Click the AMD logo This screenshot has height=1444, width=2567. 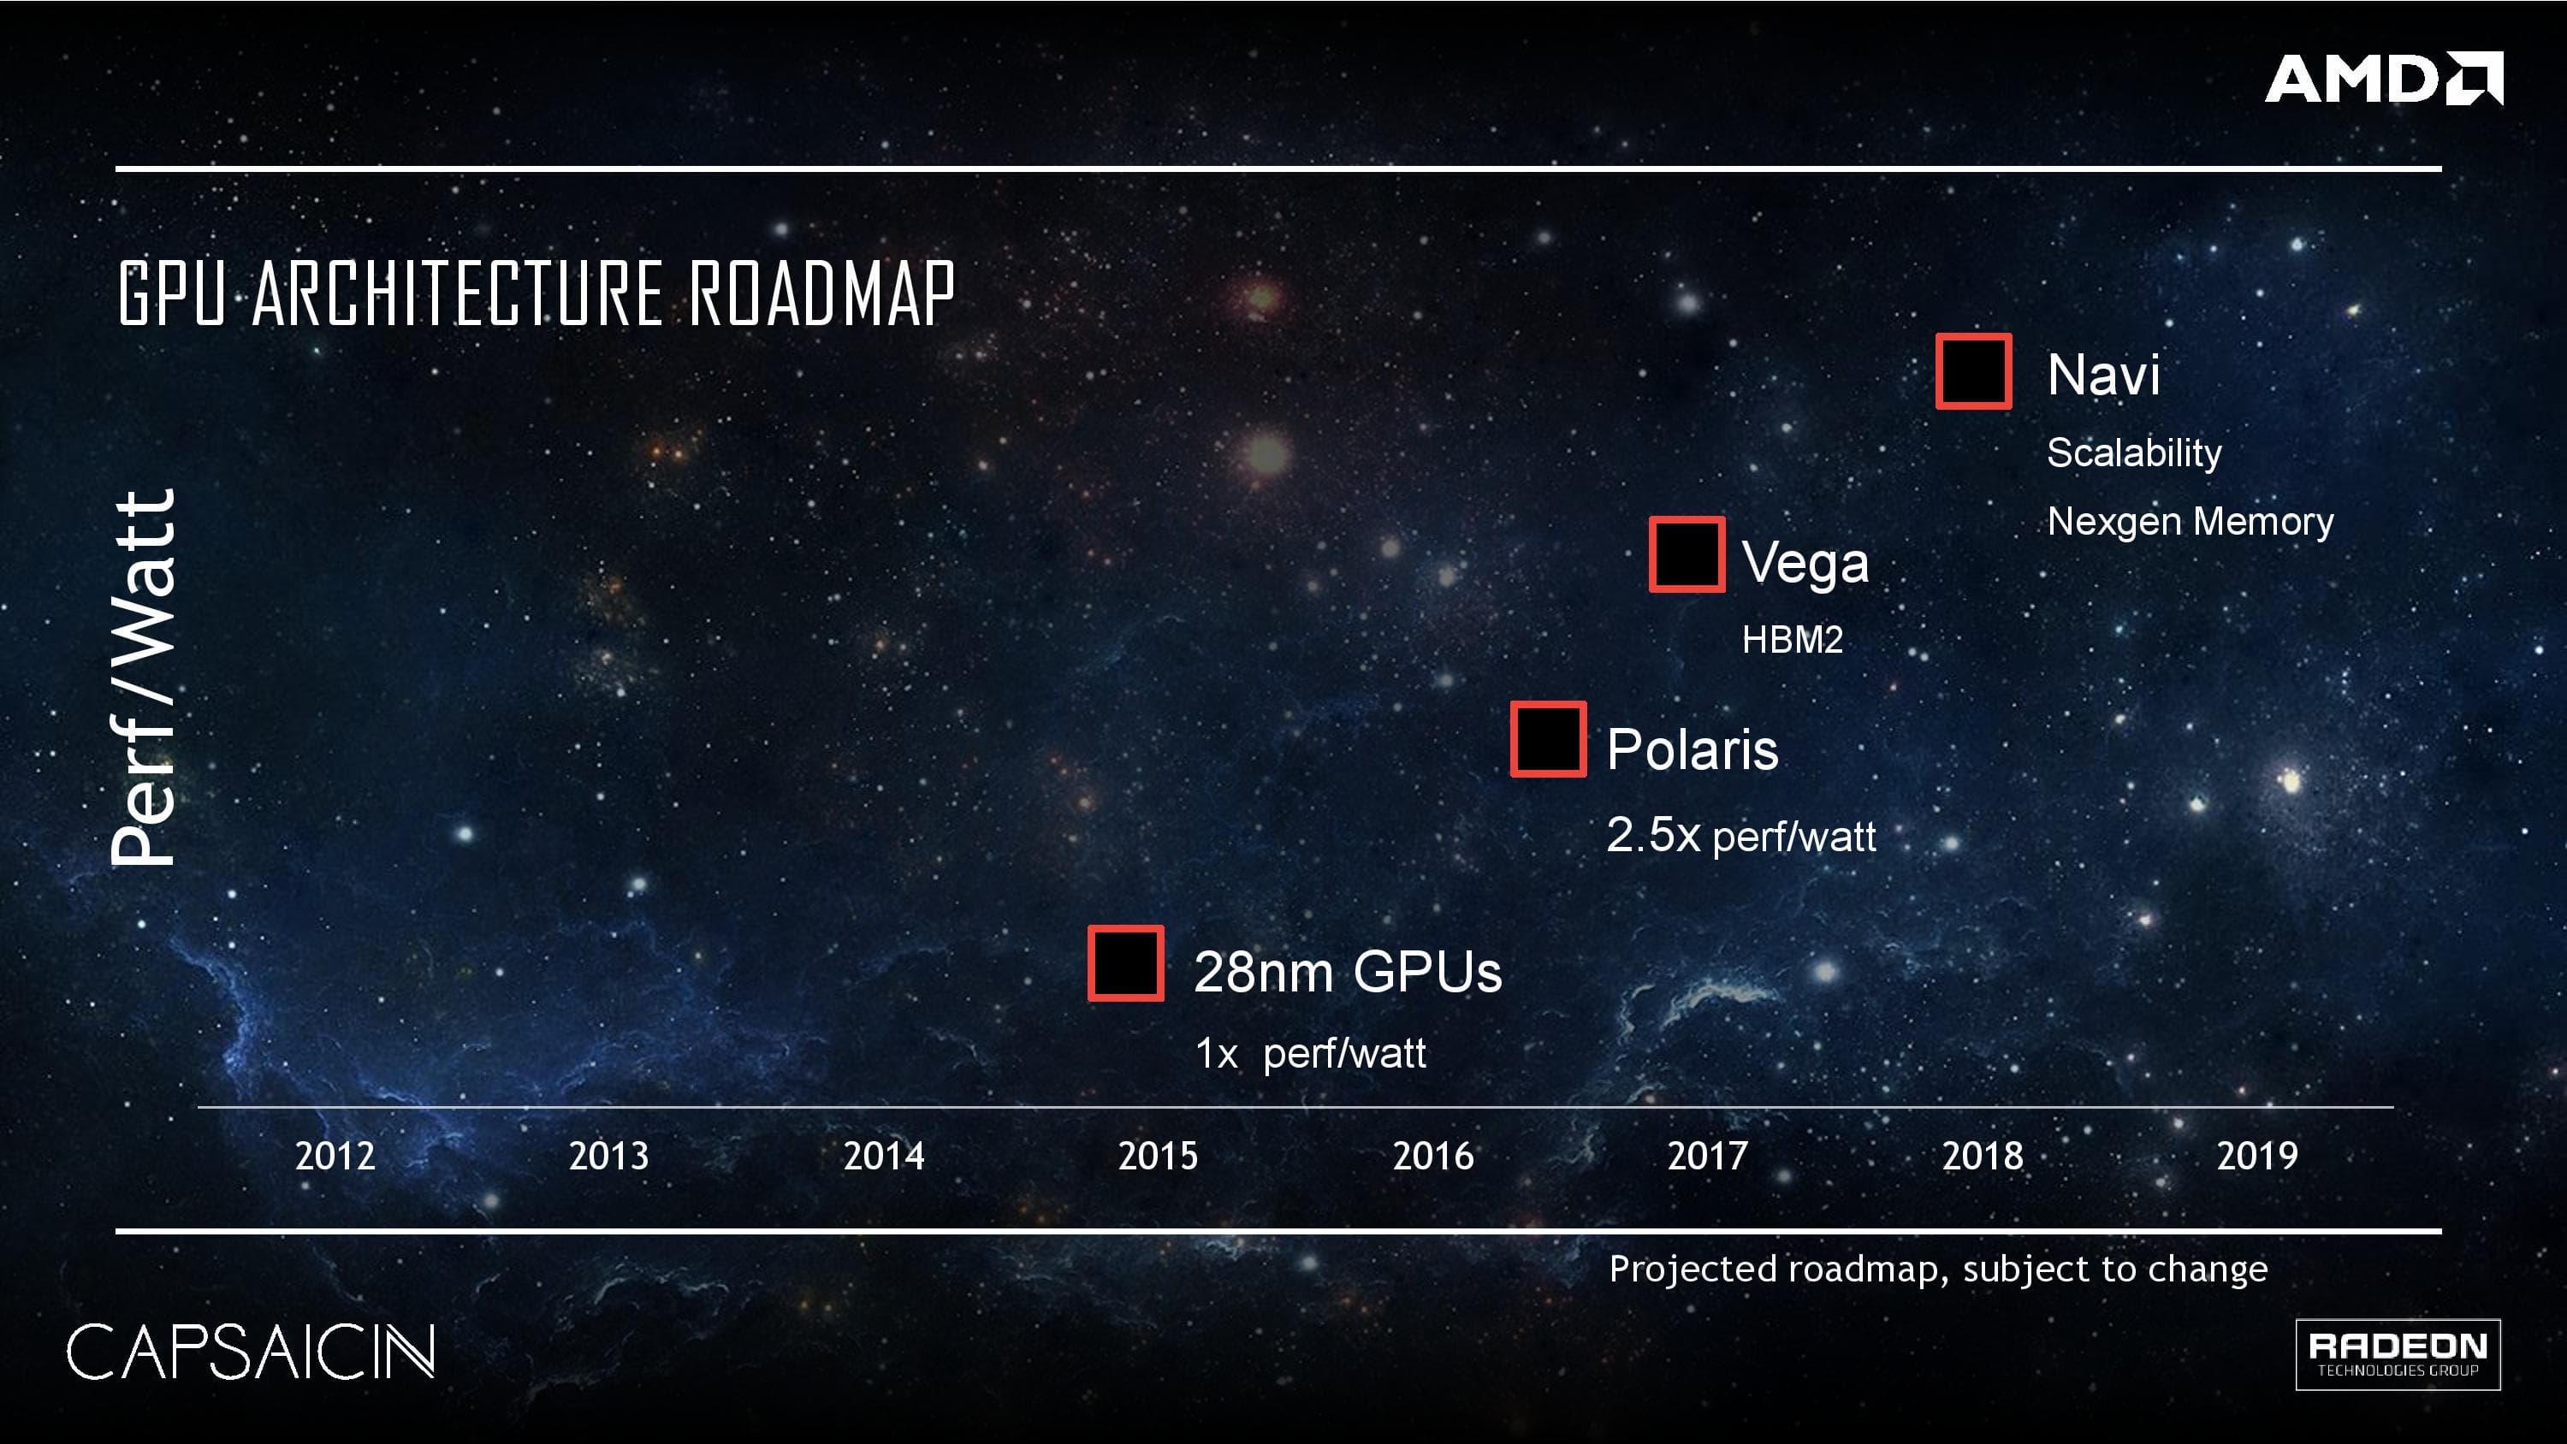tap(2383, 79)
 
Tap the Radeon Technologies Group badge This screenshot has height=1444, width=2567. tap(2397, 1353)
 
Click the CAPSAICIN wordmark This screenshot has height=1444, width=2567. tap(250, 1352)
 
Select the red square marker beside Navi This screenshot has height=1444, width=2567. tap(1973, 372)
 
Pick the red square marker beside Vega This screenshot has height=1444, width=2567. tap(1686, 555)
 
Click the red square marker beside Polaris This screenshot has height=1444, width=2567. tap(1548, 739)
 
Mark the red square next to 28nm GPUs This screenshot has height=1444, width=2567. tap(1125, 962)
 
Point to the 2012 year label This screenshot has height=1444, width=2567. tap(335, 1156)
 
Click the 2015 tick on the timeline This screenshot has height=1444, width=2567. tap(1157, 1156)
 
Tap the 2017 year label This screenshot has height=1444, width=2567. tap(1707, 1156)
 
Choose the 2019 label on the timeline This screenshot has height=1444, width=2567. tap(2256, 1156)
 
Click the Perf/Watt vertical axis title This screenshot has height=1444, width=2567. tap(143, 678)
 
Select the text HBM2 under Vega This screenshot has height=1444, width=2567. tap(1792, 640)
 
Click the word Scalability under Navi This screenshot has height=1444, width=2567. tap(2133, 453)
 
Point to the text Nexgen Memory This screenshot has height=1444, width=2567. tap(2190, 521)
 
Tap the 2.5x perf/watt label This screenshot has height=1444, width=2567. tap(1740, 835)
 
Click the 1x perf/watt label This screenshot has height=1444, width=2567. tap(1309, 1053)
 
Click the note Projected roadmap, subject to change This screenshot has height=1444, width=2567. tap(1937, 1269)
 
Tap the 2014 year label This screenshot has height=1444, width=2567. tap(883, 1156)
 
